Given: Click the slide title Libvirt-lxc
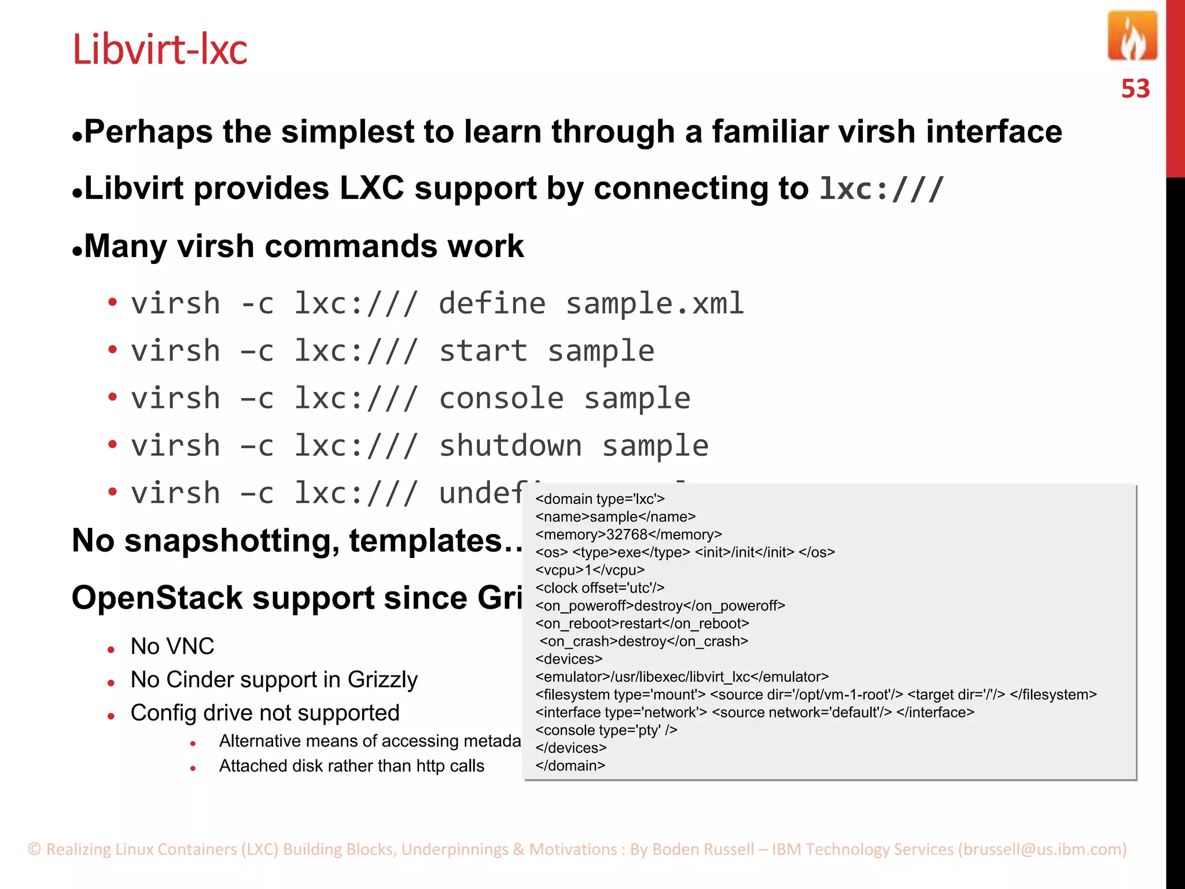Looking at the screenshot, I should pyautogui.click(x=160, y=50).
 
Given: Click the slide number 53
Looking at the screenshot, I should pyautogui.click(x=1135, y=89).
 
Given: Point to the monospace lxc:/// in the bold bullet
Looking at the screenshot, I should pyautogui.click(x=881, y=189).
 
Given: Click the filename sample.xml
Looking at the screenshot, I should pyautogui.click(x=654, y=304).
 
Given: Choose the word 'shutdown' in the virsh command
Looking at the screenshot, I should pyautogui.click(x=510, y=446).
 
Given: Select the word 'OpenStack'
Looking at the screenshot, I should pyautogui.click(x=157, y=598).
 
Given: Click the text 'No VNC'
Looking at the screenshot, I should pyautogui.click(x=172, y=646).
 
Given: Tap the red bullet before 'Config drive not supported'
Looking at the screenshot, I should pyautogui.click(x=111, y=716).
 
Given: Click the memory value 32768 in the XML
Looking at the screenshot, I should pyautogui.click(x=627, y=535).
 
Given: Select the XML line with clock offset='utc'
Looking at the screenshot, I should pyautogui.click(x=600, y=588).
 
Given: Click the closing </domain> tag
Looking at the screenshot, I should pyautogui.click(x=571, y=766).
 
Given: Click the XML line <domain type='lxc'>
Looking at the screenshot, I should pyautogui.click(x=600, y=499).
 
